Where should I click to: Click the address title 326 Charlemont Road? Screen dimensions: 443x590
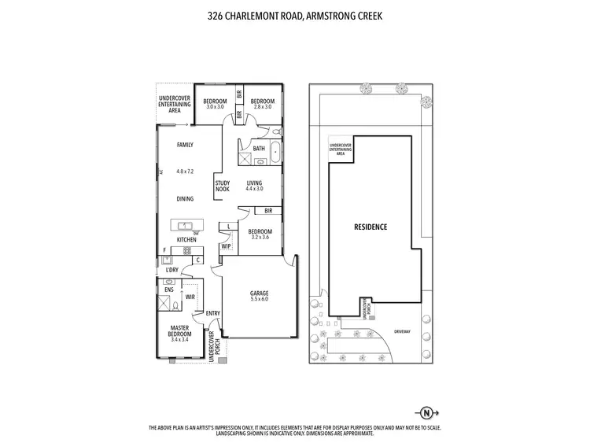coord(294,14)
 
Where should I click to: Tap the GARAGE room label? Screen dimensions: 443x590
coord(260,292)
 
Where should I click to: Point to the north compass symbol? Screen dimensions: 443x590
coord(426,412)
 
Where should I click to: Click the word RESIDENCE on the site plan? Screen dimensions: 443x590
coord(371,227)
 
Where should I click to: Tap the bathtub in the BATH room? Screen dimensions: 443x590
coord(275,153)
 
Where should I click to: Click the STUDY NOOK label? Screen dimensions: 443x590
coord(223,186)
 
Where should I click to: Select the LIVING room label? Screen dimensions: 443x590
coord(254,183)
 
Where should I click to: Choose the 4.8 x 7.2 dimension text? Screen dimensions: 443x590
coord(185,171)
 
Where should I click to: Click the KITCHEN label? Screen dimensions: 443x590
coord(186,239)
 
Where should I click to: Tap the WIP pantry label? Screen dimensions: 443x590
coord(226,246)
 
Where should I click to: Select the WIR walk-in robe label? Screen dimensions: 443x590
coord(190,297)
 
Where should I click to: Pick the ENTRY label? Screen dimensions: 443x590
coord(212,313)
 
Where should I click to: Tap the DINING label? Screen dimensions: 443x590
coord(185,199)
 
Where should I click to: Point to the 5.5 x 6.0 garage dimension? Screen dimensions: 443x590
coord(260,299)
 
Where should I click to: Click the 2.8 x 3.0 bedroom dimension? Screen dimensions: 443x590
coord(262,106)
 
